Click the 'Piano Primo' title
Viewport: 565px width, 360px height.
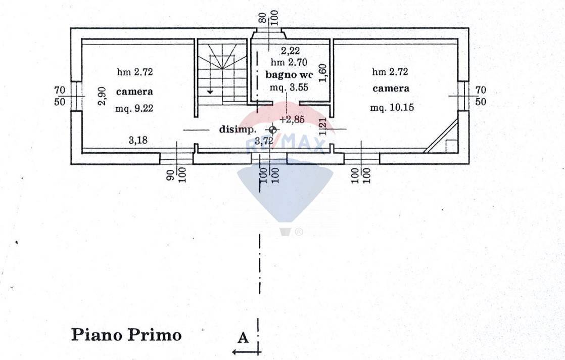tap(126, 335)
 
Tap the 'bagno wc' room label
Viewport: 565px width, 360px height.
tap(289, 75)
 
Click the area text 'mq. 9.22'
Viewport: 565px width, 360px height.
tap(134, 108)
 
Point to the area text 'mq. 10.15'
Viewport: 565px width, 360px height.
tap(391, 108)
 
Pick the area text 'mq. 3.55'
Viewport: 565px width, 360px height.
tap(289, 87)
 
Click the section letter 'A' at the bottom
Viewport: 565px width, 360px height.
tap(243, 338)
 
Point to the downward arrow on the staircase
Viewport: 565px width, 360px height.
tap(210, 91)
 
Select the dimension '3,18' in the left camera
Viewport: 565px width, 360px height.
tap(138, 140)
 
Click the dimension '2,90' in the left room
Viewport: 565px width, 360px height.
tap(102, 96)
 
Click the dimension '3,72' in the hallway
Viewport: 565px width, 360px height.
tap(264, 141)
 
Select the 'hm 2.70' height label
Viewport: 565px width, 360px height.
tap(288, 62)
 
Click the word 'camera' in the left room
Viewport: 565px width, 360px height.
tap(134, 92)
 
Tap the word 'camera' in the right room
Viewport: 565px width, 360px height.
tap(391, 88)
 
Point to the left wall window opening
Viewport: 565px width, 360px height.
tap(76, 96)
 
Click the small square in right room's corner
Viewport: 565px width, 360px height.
tap(451, 146)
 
